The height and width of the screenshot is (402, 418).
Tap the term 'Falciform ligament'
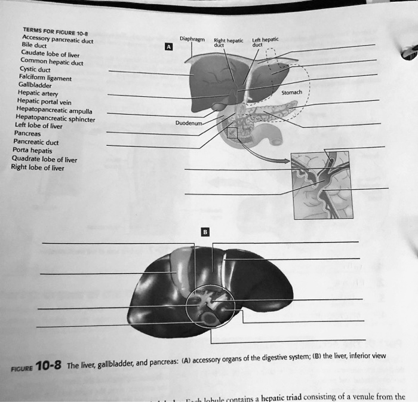tap(44, 76)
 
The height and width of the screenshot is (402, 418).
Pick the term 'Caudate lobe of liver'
tap(45, 53)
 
